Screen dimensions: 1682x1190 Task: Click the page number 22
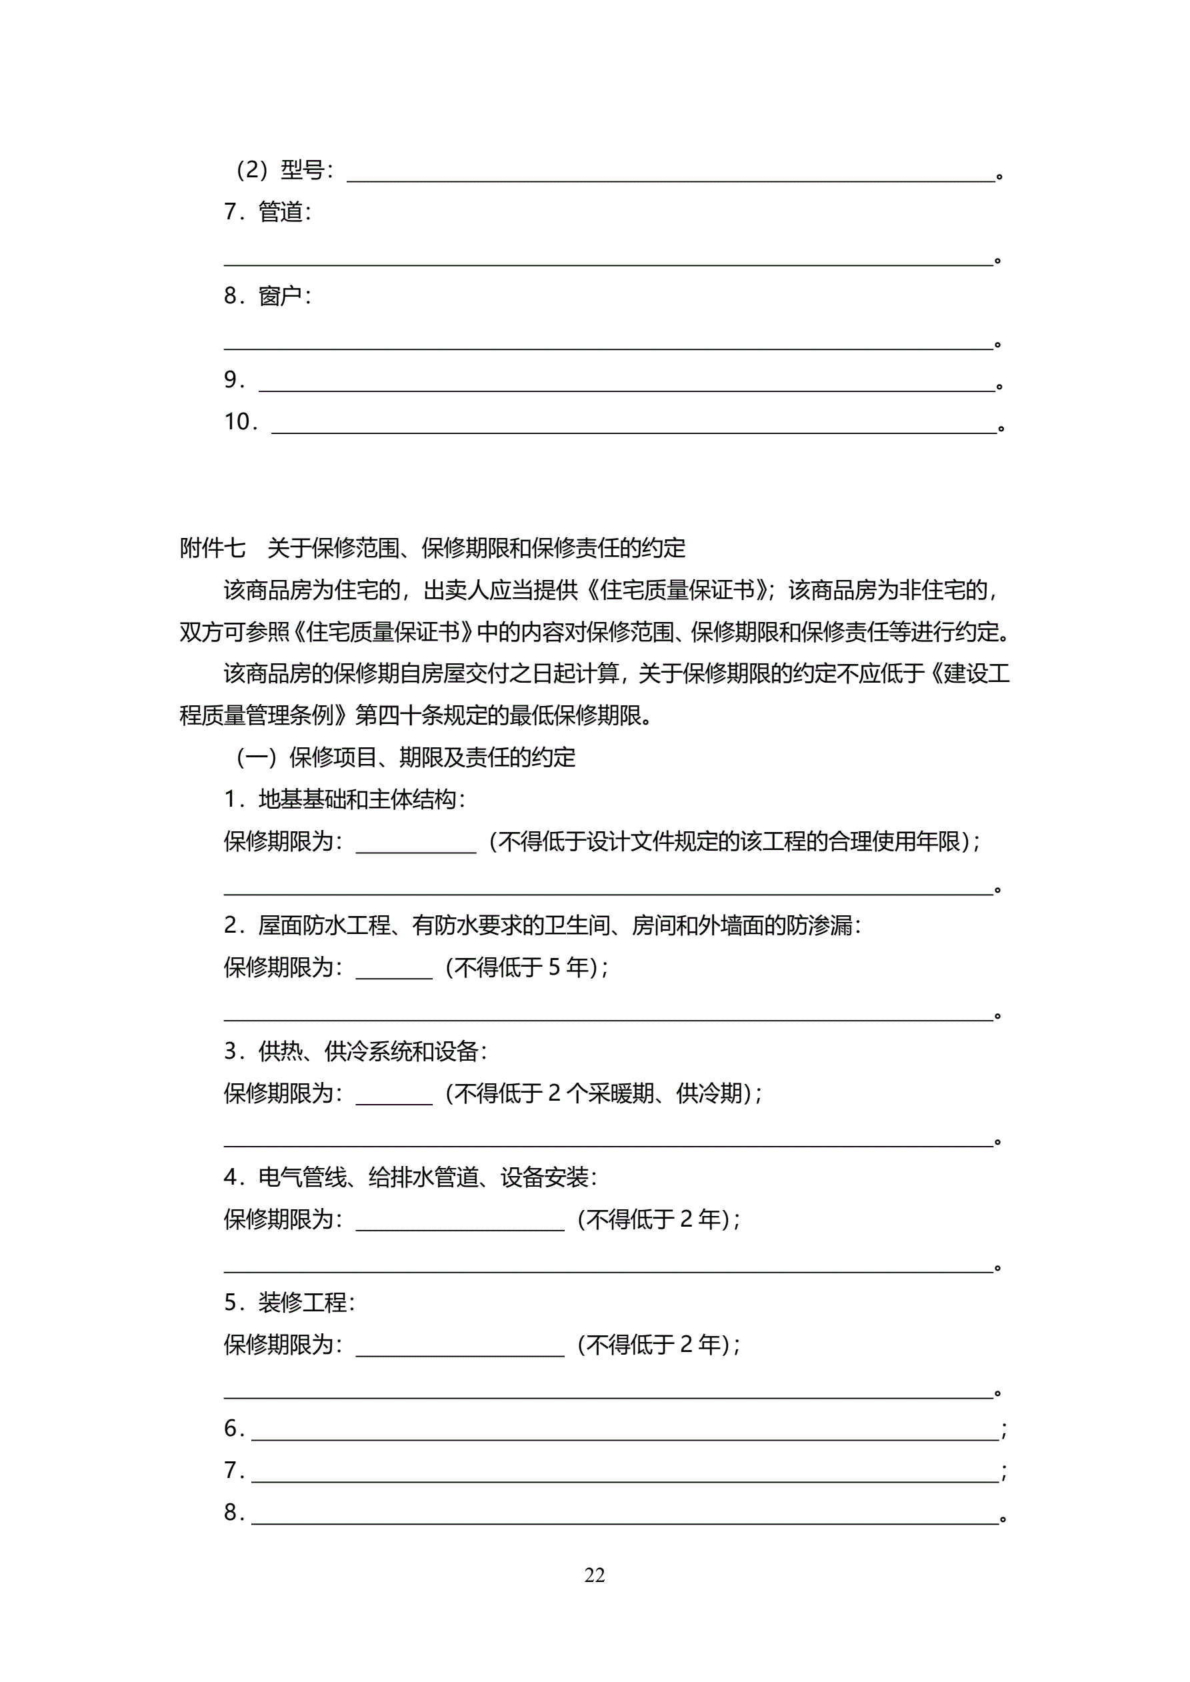click(x=594, y=1575)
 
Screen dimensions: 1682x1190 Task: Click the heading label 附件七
click(x=213, y=548)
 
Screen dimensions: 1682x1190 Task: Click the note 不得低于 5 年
click(x=525, y=968)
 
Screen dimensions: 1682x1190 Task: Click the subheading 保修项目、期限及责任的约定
click(x=432, y=757)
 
